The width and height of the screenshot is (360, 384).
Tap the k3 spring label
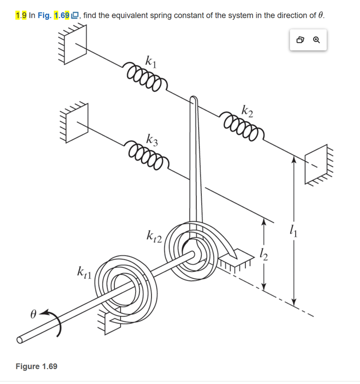pyautogui.click(x=152, y=139)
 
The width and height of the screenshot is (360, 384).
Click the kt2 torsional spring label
pyautogui.click(x=154, y=237)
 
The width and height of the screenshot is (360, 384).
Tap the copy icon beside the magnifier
pyautogui.click(x=300, y=40)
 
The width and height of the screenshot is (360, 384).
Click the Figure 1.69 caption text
pyautogui.click(x=36, y=366)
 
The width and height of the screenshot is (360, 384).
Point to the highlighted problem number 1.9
pyautogui.click(x=21, y=15)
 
